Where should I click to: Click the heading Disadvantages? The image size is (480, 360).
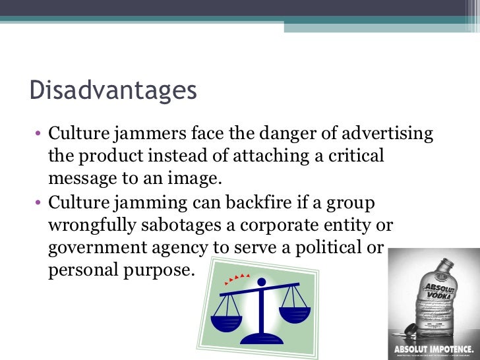tap(113, 90)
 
